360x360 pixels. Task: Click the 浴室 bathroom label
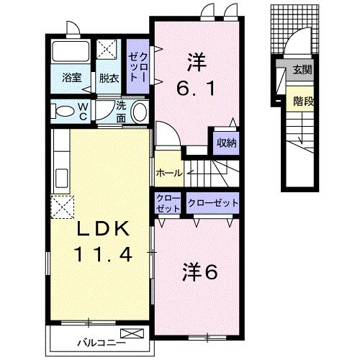(71, 78)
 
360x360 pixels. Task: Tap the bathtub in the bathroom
(71, 51)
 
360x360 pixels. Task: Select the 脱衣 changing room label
(109, 78)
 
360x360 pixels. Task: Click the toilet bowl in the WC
(63, 111)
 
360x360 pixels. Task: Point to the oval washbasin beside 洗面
(140, 112)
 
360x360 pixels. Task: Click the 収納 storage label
(227, 143)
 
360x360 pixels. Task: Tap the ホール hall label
(169, 173)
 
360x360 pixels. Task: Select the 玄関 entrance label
(302, 70)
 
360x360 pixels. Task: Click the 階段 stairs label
(303, 102)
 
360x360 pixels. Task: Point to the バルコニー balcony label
(102, 342)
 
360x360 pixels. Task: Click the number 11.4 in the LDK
(104, 254)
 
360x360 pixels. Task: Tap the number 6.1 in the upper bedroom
(196, 88)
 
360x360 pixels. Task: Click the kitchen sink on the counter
(62, 178)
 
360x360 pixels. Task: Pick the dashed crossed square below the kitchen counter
(63, 207)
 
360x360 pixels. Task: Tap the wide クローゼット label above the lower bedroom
(213, 203)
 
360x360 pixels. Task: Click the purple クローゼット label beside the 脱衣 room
(138, 67)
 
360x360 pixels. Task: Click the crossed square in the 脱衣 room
(107, 49)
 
